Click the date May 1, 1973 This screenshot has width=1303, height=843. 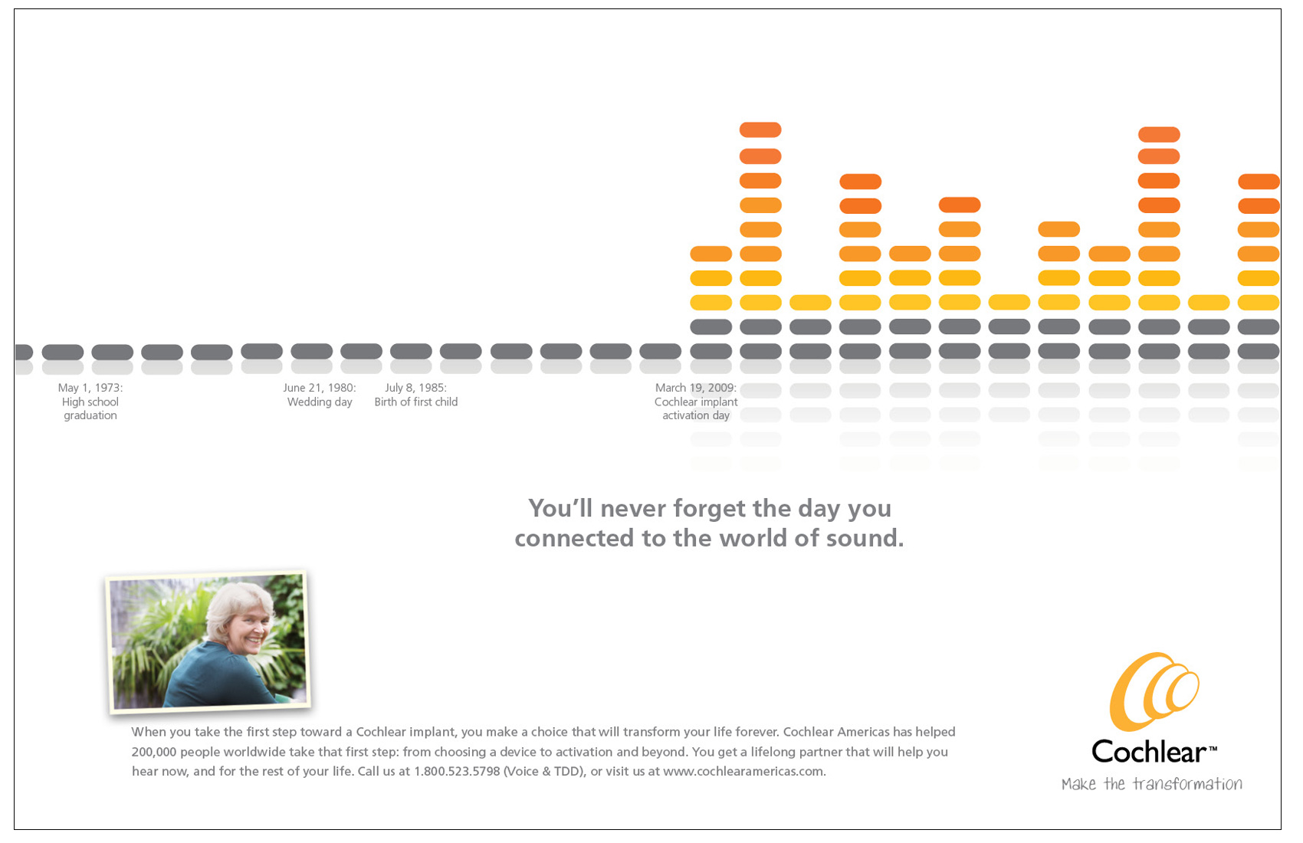coord(90,388)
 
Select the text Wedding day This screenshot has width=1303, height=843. coord(320,402)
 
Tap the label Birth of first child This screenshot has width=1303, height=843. coord(416,402)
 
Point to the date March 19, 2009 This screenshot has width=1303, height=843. coord(696,388)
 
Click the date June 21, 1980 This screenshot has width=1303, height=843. coord(320,388)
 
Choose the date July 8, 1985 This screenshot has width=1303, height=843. coord(416,388)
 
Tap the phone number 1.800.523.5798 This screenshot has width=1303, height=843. coord(457,772)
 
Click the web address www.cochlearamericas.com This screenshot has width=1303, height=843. coord(743,772)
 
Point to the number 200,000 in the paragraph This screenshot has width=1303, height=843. coord(153,752)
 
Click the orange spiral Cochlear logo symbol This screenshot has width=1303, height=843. coord(1154,691)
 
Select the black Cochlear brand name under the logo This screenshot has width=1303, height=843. coord(1150,751)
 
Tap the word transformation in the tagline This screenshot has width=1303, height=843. coord(1187,784)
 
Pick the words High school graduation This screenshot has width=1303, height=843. coord(90,408)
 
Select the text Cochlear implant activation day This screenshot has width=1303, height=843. coord(696,408)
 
